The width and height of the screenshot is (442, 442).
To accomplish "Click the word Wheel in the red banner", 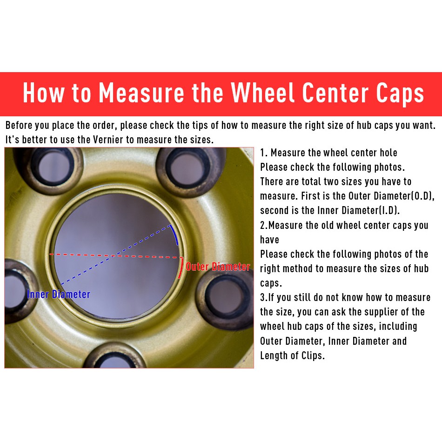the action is coord(263,93).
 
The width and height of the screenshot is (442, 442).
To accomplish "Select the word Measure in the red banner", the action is coord(141,93).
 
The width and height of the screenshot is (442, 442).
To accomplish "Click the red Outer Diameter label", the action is coord(218,267).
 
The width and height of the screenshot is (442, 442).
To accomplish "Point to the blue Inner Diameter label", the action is coord(59,295).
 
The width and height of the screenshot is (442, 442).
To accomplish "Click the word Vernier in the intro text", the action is coord(108,140).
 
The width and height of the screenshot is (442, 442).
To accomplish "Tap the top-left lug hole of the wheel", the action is coord(53,167).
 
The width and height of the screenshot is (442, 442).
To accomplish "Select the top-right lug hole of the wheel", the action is coord(188,168).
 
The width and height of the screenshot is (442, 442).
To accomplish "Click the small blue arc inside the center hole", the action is coord(174,234).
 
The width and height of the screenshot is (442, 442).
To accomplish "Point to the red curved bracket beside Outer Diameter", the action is coord(181,268).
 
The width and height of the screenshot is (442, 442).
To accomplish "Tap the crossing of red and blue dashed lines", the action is coord(114,256).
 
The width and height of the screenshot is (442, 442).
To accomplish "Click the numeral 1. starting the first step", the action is coord(263,153).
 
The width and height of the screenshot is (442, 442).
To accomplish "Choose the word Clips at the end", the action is coord(313,355).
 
